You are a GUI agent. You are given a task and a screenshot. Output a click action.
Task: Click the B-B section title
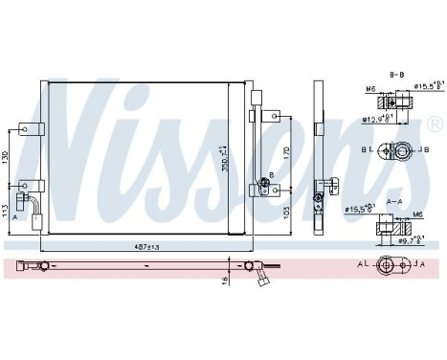tap(394, 73)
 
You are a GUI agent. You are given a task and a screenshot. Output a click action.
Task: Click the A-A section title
tap(393, 202)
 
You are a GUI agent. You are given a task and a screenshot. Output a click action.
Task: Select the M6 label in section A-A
tap(417, 214)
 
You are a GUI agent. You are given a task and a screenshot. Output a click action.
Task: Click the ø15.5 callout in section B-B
tap(422, 87)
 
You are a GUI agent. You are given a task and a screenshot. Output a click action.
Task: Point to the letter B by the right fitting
tap(272, 174)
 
